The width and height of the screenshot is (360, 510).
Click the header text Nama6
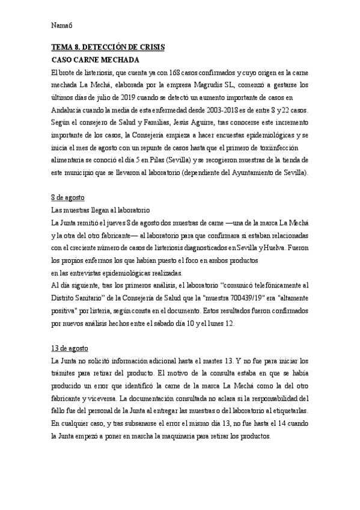click(62, 26)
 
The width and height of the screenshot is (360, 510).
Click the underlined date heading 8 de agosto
click(69, 198)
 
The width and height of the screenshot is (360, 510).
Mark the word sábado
click(193, 324)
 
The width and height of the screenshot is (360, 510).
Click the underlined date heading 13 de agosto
click(70, 349)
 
